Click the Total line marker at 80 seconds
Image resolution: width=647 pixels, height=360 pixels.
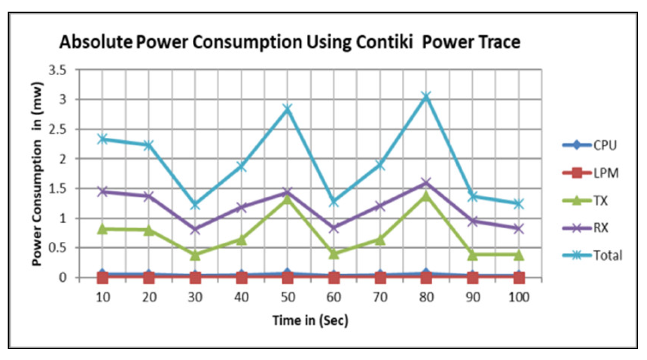click(426, 96)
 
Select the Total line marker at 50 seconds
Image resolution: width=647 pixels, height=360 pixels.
click(287, 109)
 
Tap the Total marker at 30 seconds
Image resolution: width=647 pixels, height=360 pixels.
click(195, 205)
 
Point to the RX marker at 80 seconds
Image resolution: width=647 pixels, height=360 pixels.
click(426, 183)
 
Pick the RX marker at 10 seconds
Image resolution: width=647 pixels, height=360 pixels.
click(103, 191)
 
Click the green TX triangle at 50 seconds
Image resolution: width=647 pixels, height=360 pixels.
click(287, 199)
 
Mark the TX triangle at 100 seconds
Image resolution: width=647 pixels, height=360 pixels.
click(518, 255)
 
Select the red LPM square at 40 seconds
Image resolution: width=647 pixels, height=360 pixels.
click(241, 277)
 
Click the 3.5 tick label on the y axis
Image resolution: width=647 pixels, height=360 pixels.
click(57, 70)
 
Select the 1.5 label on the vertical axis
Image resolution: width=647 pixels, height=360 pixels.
click(57, 189)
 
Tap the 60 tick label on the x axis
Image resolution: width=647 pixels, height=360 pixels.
click(333, 297)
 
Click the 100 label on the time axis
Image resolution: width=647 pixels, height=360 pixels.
click(518, 297)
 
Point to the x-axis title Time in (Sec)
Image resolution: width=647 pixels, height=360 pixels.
click(310, 320)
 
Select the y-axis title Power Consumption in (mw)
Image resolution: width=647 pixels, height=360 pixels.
click(37, 174)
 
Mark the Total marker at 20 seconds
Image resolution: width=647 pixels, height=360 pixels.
click(149, 145)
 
